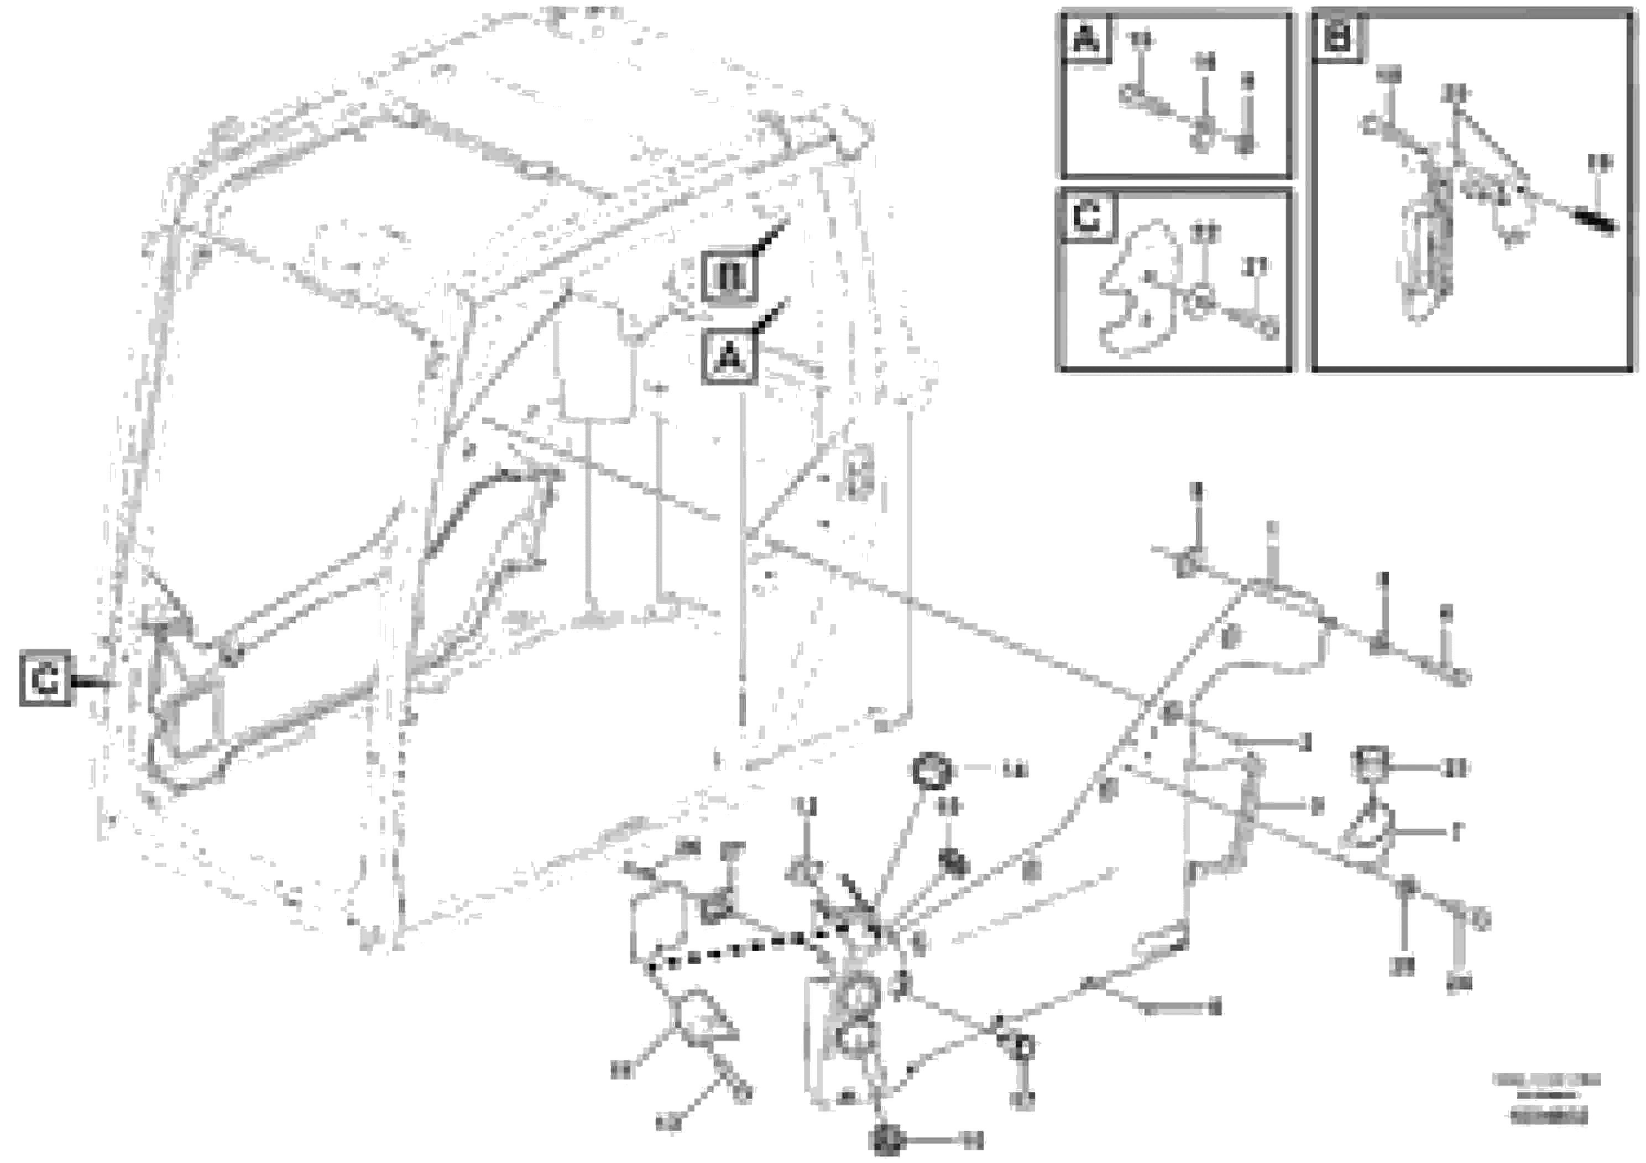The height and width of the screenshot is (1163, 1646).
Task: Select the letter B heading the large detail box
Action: (x=1337, y=38)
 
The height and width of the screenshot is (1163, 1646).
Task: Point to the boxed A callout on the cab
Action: (x=728, y=356)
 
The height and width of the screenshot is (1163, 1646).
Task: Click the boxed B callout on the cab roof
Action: (x=728, y=276)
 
